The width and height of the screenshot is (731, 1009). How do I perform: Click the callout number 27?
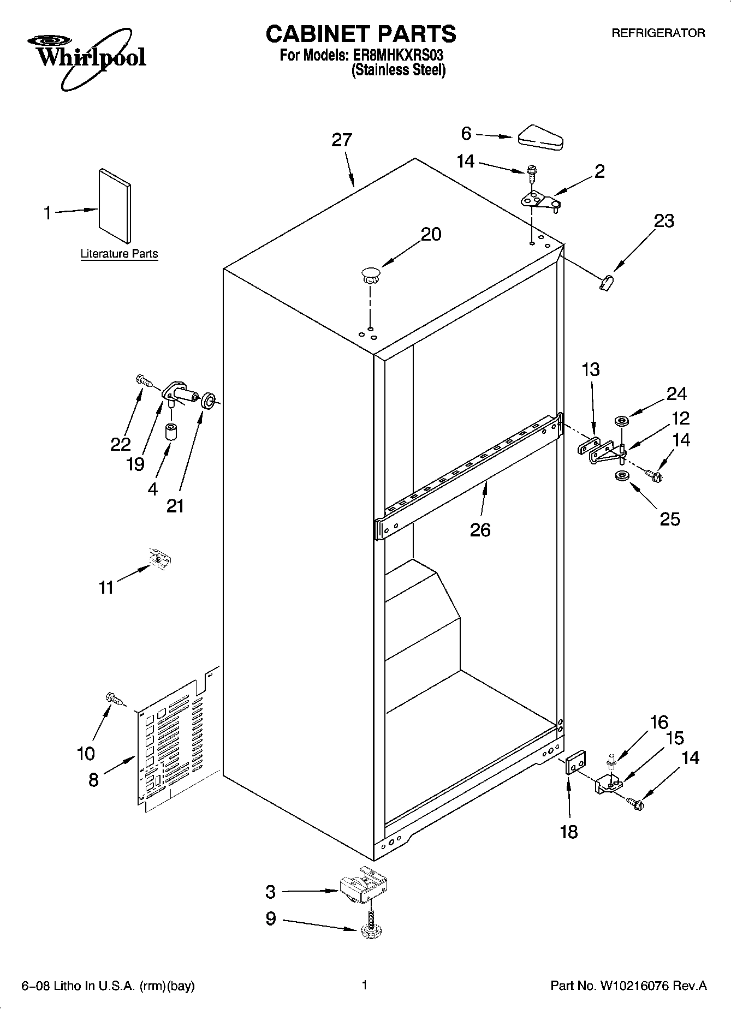point(342,140)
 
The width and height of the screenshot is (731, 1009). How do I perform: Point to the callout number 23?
point(663,221)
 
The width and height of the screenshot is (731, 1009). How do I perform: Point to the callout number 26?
point(480,529)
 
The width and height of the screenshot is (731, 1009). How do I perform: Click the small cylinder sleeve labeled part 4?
point(171,432)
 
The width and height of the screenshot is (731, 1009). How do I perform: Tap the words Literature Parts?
point(119,254)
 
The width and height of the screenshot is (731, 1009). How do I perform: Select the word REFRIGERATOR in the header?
point(658,33)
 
